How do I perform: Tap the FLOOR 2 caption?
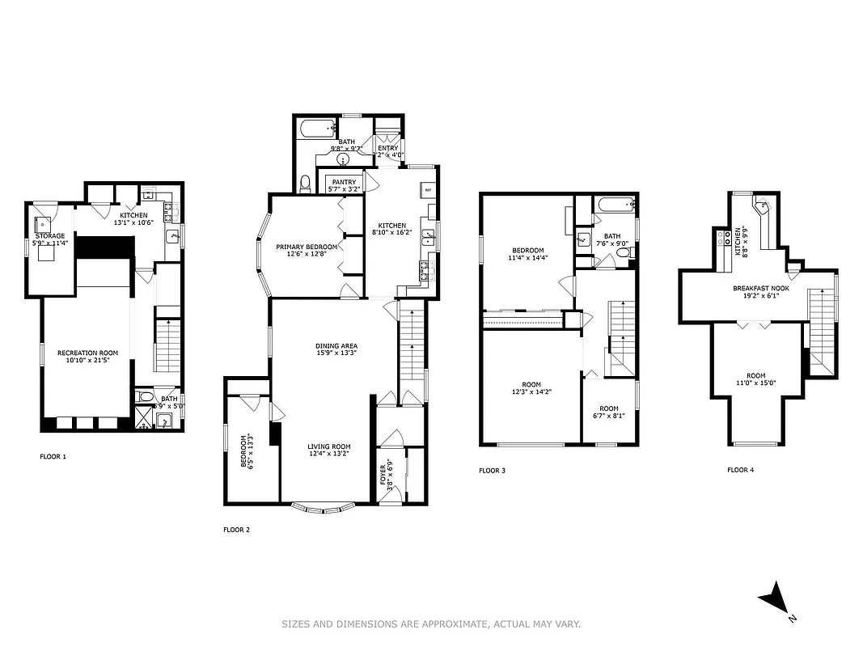[x=236, y=530]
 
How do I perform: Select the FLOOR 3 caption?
[x=492, y=470]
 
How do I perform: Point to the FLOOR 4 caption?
[x=740, y=469]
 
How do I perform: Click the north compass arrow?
[x=774, y=598]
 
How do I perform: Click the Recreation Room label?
[x=87, y=353]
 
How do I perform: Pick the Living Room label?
[x=328, y=446]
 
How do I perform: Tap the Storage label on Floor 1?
[x=49, y=236]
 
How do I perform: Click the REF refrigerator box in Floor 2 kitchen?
[x=427, y=191]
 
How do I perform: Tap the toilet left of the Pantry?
[x=304, y=184]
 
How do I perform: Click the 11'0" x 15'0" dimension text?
[x=755, y=383]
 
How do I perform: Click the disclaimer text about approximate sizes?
[x=431, y=624]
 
